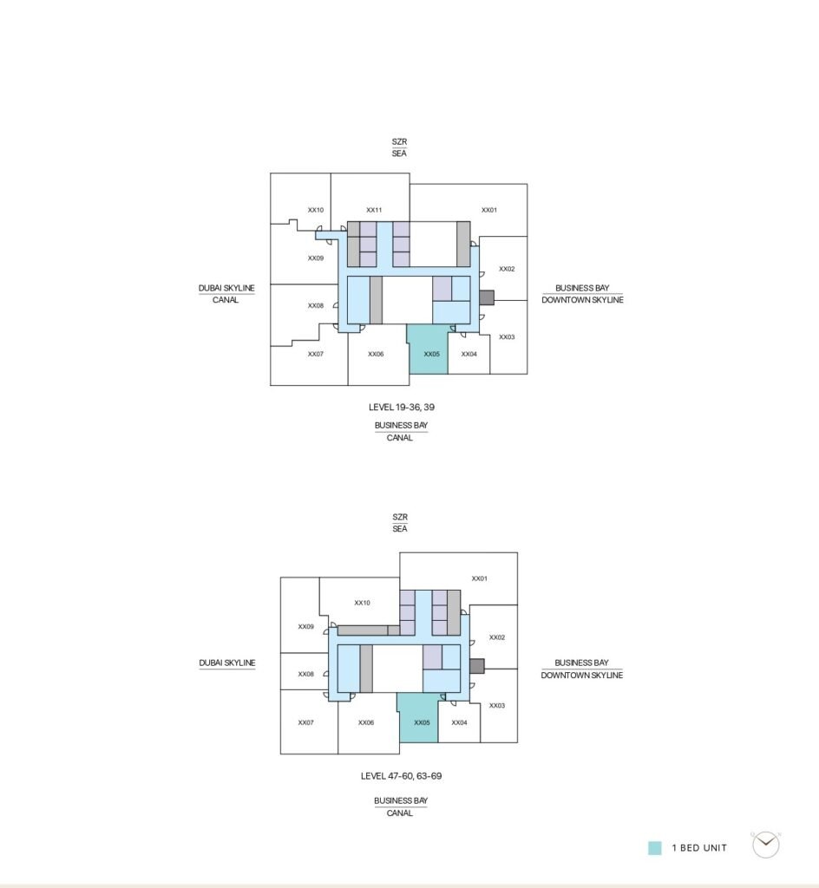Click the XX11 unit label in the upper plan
tap(374, 210)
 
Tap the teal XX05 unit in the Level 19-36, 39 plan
tap(428, 349)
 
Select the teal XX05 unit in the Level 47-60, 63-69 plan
tap(418, 717)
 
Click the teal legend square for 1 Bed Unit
tap(655, 848)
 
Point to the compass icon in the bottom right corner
tap(766, 845)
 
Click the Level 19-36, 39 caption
tap(402, 408)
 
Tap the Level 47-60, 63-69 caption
tap(401, 776)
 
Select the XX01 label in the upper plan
tap(489, 210)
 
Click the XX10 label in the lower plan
tap(362, 603)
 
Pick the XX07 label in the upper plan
tap(316, 354)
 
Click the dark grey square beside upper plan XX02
tap(487, 297)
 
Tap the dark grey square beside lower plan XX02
tap(477, 665)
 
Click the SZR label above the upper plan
tap(399, 141)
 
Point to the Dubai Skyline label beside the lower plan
tap(227, 663)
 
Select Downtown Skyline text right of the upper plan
tap(582, 299)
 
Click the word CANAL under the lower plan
tap(400, 813)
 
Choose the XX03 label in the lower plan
tap(497, 705)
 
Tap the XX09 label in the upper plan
tap(316, 258)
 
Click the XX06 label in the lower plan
tap(366, 722)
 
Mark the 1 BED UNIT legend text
tap(699, 848)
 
